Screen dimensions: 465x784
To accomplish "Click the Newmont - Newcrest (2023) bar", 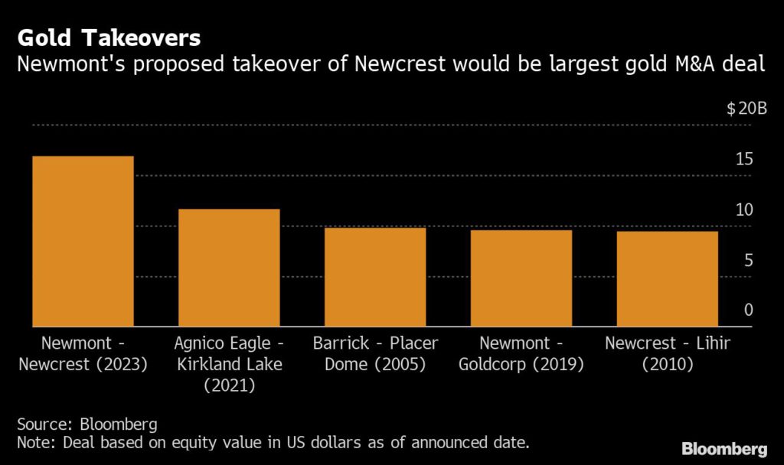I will (x=83, y=241).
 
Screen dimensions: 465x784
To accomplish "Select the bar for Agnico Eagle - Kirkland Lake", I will (x=229, y=268).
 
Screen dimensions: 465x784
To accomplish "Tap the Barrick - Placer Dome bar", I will (x=375, y=277).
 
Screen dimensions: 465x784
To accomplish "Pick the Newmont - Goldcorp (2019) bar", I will (x=521, y=278).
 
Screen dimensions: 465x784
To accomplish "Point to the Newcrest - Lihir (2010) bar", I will (x=668, y=278).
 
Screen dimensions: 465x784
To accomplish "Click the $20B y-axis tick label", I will (x=746, y=109).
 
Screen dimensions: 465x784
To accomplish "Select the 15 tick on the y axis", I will (x=744, y=159).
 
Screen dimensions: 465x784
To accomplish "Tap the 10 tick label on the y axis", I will (x=744, y=210).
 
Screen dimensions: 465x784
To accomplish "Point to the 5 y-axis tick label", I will (x=749, y=260).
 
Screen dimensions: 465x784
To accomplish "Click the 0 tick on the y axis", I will (x=749, y=310).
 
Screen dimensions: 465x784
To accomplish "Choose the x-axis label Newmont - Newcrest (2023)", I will (x=83, y=353).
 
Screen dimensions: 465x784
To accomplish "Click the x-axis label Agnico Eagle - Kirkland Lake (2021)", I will (x=229, y=364).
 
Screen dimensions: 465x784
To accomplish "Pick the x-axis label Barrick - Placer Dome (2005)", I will (x=375, y=353).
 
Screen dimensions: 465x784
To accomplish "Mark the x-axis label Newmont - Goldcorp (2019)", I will (x=521, y=353).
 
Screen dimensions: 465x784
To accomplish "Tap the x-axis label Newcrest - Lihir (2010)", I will (x=668, y=353).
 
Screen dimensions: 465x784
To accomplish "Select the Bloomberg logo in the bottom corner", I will (x=724, y=447).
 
